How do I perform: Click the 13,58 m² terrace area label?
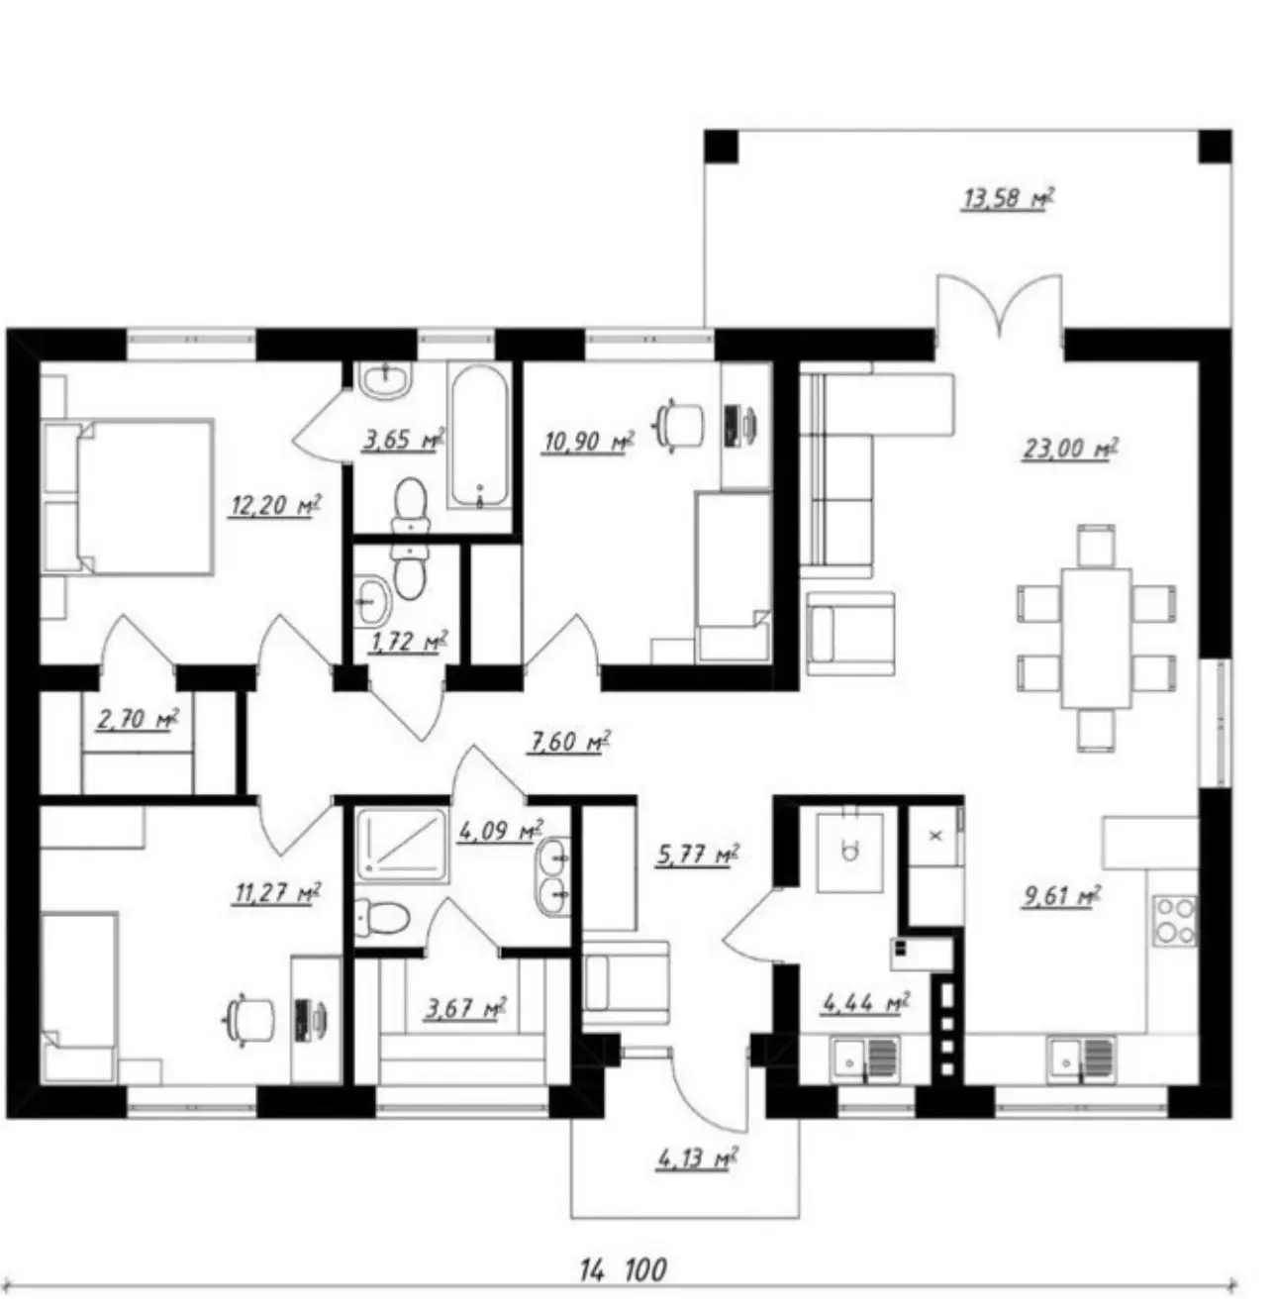1007,199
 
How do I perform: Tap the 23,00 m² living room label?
1070,449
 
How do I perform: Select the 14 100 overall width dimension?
624,1269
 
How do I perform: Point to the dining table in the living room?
1096,638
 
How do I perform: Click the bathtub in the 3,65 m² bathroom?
479,437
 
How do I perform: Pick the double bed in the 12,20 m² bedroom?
128,497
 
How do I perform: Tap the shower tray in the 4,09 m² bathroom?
401,846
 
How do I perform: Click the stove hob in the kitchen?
1175,922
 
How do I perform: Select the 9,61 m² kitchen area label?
1062,897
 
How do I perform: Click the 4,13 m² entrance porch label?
697,1159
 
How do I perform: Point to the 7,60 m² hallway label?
568,742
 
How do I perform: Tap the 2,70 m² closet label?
138,719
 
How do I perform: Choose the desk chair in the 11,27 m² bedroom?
248,1019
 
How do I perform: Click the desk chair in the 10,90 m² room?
678,426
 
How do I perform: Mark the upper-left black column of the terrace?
721,147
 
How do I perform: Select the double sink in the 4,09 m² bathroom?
553,876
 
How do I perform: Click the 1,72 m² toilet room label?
408,642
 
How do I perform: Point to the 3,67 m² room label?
465,1009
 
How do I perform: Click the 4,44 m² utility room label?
865,1003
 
